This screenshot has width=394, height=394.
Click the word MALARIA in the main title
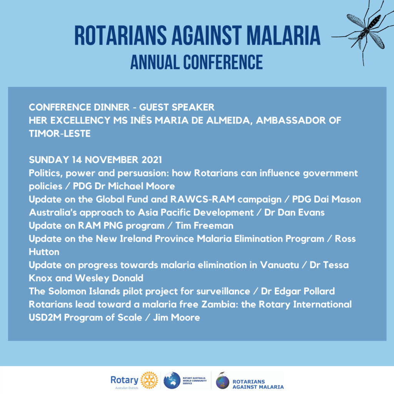(x=284, y=35)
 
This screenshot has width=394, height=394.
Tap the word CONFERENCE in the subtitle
(x=223, y=62)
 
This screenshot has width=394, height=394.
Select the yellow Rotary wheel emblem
(x=149, y=380)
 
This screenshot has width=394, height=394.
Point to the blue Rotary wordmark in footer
(x=124, y=380)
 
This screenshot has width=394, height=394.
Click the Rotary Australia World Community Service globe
(x=172, y=380)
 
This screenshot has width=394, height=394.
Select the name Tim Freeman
(x=204, y=225)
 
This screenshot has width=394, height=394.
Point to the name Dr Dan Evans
(x=294, y=212)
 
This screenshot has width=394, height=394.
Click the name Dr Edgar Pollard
(x=298, y=291)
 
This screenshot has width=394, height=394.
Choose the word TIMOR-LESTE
(x=60, y=134)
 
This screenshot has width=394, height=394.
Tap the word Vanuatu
(x=279, y=265)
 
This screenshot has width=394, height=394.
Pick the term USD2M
(x=45, y=317)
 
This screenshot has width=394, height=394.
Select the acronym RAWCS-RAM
(x=202, y=199)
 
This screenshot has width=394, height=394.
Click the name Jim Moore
(x=176, y=317)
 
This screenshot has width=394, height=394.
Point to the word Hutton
(x=44, y=252)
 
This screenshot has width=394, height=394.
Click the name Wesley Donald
(x=109, y=278)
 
